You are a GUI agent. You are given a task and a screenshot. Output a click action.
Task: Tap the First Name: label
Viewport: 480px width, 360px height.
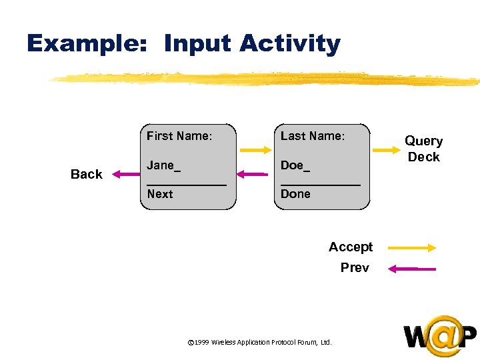click(x=179, y=136)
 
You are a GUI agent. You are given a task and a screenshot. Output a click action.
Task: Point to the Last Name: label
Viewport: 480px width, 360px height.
click(x=313, y=136)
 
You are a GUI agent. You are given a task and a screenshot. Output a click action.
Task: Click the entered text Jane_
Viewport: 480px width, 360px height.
click(x=163, y=165)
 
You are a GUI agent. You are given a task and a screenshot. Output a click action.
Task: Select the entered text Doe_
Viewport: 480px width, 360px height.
click(x=295, y=165)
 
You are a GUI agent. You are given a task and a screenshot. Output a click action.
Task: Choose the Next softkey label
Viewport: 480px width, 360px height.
click(x=160, y=194)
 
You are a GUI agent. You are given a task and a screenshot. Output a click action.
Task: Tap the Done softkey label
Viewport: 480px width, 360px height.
click(x=295, y=194)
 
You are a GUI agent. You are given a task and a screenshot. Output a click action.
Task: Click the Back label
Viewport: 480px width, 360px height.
click(x=87, y=174)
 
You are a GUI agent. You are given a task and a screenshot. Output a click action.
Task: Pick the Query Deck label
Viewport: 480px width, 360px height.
click(x=424, y=149)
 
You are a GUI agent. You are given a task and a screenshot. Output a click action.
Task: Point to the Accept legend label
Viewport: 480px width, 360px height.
click(x=351, y=247)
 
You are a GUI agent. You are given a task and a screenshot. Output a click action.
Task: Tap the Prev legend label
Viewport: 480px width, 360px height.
click(x=355, y=268)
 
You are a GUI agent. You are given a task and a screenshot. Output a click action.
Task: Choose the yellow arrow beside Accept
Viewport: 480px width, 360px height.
click(x=411, y=247)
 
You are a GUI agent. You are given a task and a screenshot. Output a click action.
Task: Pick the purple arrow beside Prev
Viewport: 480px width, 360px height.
click(x=411, y=269)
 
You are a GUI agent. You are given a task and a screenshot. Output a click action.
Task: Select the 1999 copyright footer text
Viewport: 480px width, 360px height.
click(x=260, y=342)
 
